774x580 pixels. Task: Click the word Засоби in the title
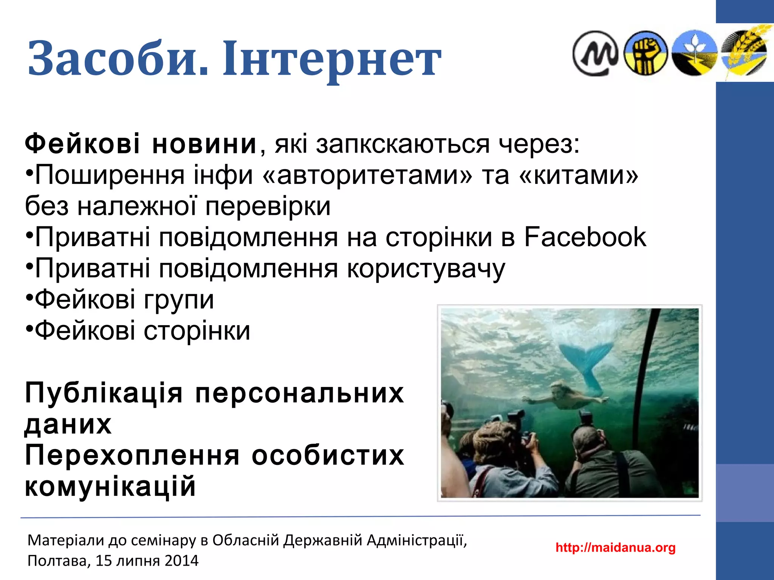coord(117,59)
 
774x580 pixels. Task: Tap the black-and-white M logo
coord(594,53)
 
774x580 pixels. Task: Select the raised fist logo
coord(645,53)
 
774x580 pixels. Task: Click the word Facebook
coord(585,237)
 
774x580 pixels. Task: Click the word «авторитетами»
coord(367,175)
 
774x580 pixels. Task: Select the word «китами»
coord(579,175)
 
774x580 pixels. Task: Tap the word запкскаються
coord(403,144)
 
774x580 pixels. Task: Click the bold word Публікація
coord(104,393)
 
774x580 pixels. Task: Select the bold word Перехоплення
coord(132,455)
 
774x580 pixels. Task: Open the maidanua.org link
coord(615,547)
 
